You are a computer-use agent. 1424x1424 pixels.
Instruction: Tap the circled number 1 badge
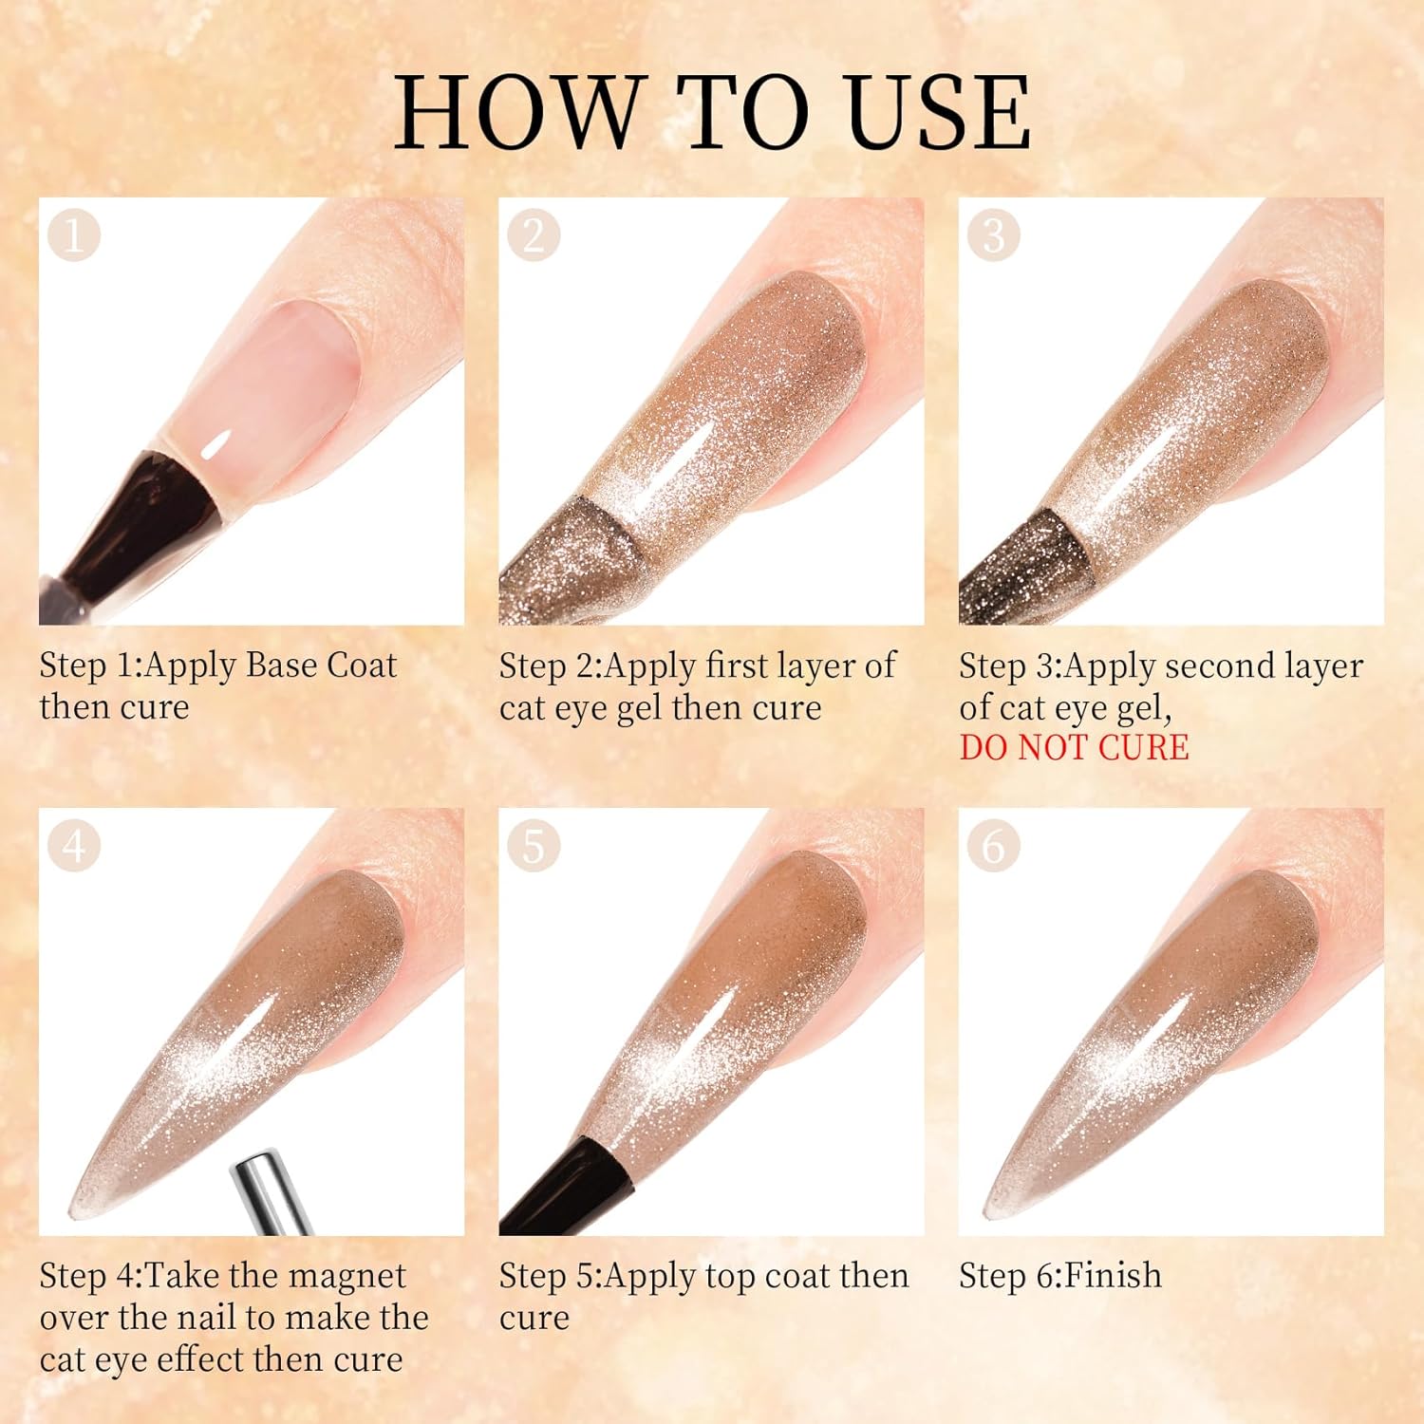click(x=74, y=234)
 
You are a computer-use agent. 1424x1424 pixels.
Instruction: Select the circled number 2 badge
click(x=534, y=234)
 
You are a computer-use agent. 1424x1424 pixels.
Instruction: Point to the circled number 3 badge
click(x=993, y=234)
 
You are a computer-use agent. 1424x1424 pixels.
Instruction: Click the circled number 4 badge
click(x=74, y=845)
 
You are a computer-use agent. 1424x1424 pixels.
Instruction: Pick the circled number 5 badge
click(x=534, y=845)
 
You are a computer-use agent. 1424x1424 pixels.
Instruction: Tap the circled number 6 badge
click(x=993, y=845)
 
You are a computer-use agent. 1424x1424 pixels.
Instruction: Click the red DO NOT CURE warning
click(x=1074, y=748)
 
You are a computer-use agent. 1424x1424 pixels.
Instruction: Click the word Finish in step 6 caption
click(x=1113, y=1275)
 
